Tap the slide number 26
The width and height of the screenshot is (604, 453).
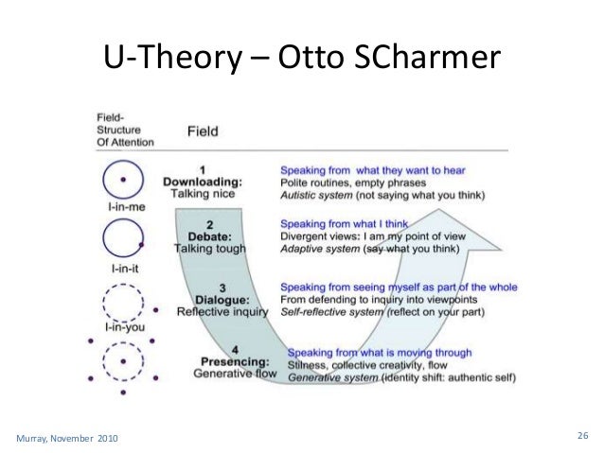click(582, 435)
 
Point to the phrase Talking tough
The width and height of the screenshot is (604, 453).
click(210, 249)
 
